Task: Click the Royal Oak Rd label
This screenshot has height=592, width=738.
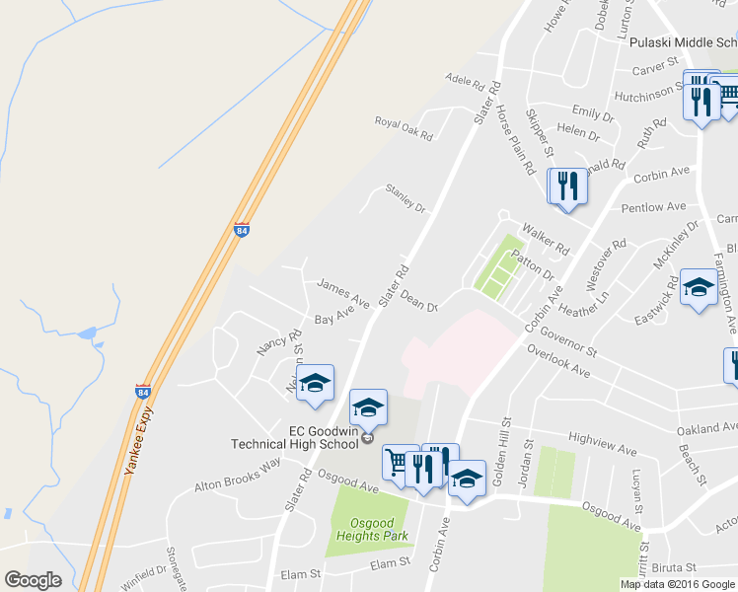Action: [404, 127]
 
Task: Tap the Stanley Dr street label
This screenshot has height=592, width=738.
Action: [405, 201]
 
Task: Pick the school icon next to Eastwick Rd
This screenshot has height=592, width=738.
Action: [699, 287]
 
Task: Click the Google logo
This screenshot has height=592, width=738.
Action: [33, 580]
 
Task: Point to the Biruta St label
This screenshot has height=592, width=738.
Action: [674, 566]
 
